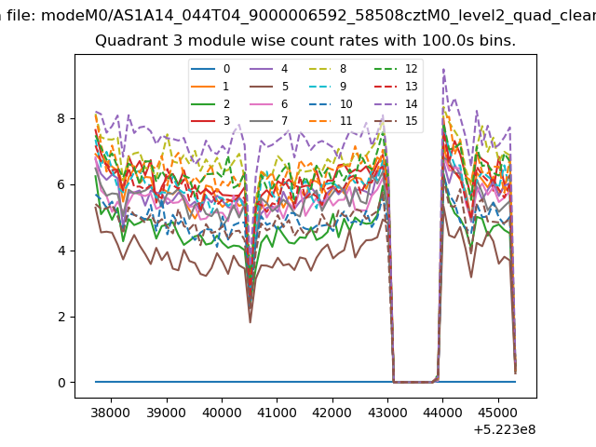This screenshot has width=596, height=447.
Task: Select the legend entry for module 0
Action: pyautogui.click(x=210, y=69)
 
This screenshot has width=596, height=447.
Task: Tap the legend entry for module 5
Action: pyautogui.click(x=269, y=87)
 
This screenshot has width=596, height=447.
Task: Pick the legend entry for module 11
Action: pyautogui.click(x=330, y=121)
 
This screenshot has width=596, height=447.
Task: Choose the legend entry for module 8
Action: pyautogui.click(x=327, y=69)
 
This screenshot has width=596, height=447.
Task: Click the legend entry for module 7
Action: pyautogui.click(x=269, y=121)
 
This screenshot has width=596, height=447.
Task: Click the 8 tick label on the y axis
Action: pyautogui.click(x=61, y=118)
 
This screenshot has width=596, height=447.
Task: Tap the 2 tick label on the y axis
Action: pyautogui.click(x=61, y=317)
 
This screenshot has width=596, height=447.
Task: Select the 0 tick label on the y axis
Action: pyautogui.click(x=61, y=383)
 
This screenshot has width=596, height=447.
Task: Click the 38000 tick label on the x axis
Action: pyautogui.click(x=112, y=413)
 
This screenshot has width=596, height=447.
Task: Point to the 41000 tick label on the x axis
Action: pyautogui.click(x=278, y=413)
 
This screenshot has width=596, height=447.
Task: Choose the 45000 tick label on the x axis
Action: pyautogui.click(x=498, y=413)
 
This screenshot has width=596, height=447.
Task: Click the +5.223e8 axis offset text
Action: pyautogui.click(x=505, y=430)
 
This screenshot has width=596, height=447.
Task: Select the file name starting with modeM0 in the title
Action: pyautogui.click(x=318, y=16)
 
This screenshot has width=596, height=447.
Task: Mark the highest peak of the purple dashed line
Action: pyautogui.click(x=443, y=69)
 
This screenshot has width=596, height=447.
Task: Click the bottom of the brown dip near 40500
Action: pyautogui.click(x=251, y=323)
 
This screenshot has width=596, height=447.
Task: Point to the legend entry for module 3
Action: pyautogui.click(x=210, y=121)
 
